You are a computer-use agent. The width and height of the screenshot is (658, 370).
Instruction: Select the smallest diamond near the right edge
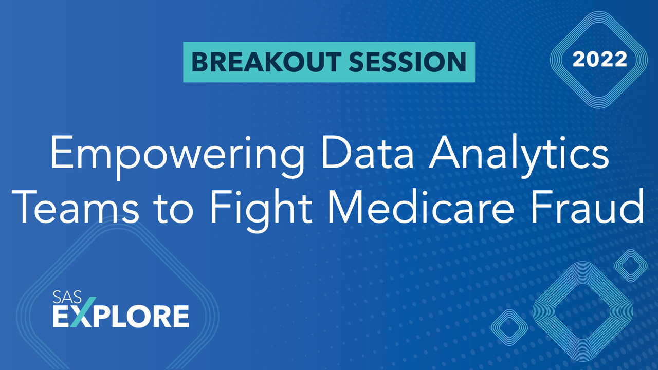coord(630,265)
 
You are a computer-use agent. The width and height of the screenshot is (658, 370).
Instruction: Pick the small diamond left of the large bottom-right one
coord(509,327)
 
